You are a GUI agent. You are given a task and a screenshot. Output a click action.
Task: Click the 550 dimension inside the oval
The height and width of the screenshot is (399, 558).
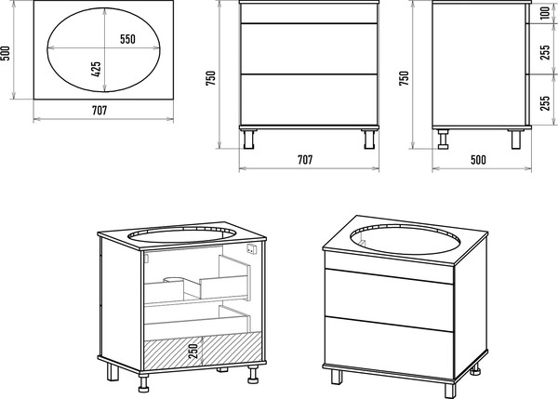click(127, 39)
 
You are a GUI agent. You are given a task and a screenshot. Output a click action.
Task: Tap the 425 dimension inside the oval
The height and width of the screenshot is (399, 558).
click(96, 70)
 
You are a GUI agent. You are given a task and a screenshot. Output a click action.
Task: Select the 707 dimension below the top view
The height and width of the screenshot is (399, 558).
click(100, 111)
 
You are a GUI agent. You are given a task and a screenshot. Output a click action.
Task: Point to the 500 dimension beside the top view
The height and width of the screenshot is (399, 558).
click(5, 53)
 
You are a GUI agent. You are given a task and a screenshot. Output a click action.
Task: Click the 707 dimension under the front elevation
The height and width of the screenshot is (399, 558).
click(305, 160)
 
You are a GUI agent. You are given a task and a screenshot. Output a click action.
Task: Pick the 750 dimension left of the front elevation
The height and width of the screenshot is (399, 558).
click(210, 78)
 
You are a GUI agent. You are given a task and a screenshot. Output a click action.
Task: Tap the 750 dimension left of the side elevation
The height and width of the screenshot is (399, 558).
click(404, 78)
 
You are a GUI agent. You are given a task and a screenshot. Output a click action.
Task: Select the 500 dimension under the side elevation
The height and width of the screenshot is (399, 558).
click(478, 160)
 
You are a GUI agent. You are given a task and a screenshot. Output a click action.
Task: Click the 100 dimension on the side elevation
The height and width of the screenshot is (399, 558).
click(545, 13)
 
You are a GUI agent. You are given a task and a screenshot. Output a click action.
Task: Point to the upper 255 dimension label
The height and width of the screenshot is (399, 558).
click(545, 52)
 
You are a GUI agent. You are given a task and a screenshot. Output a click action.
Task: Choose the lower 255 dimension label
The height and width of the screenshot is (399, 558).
click(545, 103)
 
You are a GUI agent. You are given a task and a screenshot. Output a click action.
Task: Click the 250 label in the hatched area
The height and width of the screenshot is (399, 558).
click(193, 351)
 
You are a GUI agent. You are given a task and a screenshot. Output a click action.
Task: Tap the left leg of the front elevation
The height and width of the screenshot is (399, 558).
click(248, 140)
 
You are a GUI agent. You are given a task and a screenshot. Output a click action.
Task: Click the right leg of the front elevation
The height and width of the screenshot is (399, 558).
click(370, 140)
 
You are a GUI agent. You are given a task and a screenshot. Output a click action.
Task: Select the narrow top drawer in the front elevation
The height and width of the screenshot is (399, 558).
click(309, 14)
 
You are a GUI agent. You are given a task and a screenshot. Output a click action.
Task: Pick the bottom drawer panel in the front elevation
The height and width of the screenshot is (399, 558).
click(309, 100)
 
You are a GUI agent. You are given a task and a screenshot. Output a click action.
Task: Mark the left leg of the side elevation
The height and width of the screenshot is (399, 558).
click(443, 140)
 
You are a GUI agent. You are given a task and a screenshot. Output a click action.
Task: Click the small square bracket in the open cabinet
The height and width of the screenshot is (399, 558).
click(252, 249)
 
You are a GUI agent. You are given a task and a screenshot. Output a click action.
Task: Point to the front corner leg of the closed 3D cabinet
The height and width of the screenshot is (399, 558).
click(450, 391)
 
